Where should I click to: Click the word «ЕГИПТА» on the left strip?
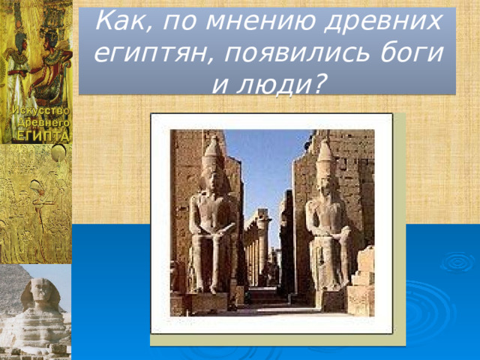39,135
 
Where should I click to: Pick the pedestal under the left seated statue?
209,301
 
